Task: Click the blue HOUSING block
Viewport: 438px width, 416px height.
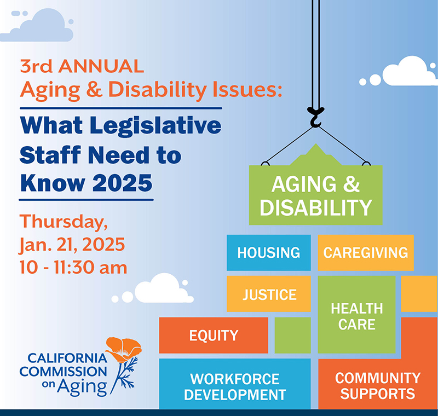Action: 268,253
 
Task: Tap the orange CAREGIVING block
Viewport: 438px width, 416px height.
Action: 366,253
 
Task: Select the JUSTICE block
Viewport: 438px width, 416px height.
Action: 268,294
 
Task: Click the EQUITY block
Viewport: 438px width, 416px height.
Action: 214,335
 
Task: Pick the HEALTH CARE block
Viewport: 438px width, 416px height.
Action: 357,315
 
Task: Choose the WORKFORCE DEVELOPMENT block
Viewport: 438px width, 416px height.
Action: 235,384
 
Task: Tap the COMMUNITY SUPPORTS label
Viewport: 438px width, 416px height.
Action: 378,386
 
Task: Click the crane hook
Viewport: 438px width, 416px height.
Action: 315,117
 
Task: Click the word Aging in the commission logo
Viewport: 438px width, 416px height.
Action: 82,387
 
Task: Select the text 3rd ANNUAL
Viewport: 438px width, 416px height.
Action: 82,66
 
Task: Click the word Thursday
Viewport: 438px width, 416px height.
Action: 64,222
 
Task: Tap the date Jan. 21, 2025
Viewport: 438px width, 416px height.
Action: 72,245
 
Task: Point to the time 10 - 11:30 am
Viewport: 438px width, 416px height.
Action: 73,267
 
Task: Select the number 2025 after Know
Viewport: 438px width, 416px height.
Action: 122,183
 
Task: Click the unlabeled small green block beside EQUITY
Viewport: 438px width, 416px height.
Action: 292,335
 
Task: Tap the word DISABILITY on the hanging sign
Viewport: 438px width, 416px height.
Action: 316,207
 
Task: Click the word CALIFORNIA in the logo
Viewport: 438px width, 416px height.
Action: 67,358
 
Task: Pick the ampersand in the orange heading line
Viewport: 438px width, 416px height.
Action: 94,89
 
